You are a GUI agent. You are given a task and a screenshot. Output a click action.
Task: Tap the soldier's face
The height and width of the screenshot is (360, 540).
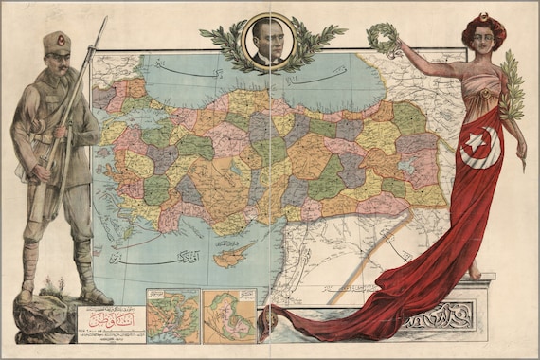[x=58, y=64]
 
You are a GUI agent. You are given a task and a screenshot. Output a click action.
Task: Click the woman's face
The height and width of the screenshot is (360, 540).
[x=482, y=39]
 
